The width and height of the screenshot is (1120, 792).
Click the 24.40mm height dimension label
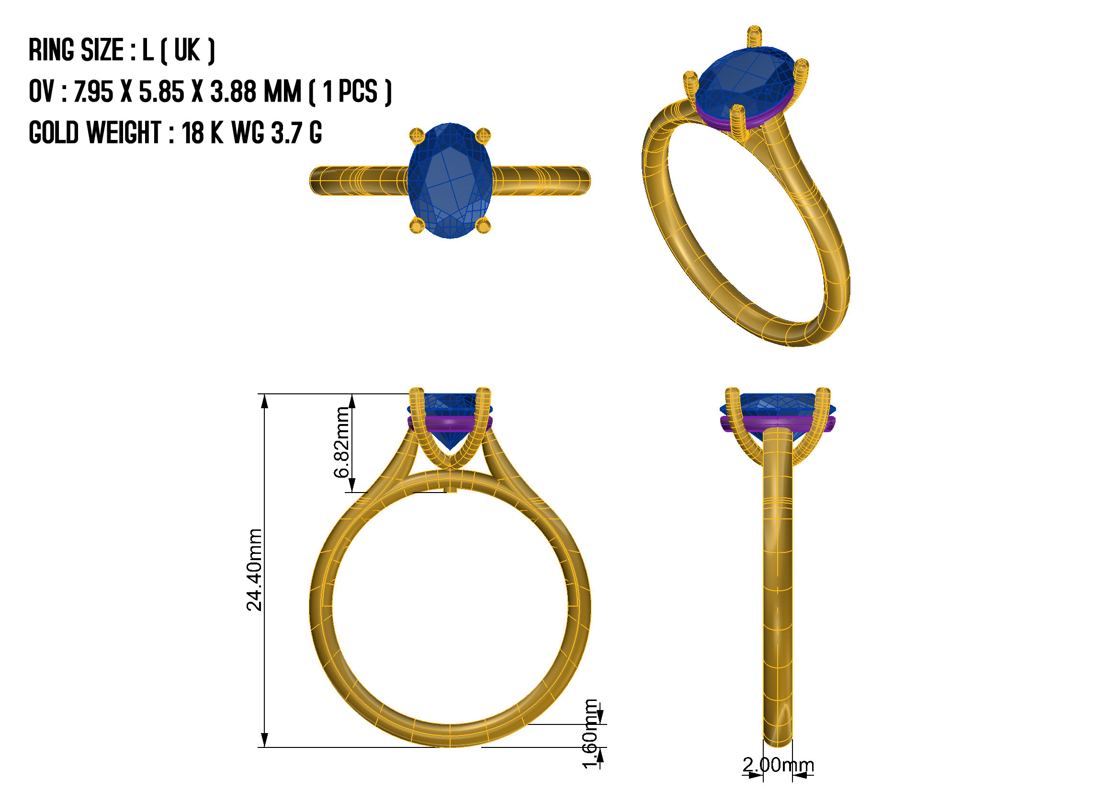(255, 571)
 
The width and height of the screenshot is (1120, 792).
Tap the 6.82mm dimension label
(342, 442)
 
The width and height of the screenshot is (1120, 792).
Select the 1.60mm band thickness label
(591, 734)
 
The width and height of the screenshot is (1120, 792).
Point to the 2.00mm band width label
(779, 765)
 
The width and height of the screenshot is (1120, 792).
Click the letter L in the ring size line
(148, 50)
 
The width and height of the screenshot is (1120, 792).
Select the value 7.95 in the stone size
(93, 92)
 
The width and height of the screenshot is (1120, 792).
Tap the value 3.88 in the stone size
(233, 92)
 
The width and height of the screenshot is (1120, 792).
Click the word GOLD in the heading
(54, 133)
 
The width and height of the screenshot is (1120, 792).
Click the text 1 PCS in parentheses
(350, 92)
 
